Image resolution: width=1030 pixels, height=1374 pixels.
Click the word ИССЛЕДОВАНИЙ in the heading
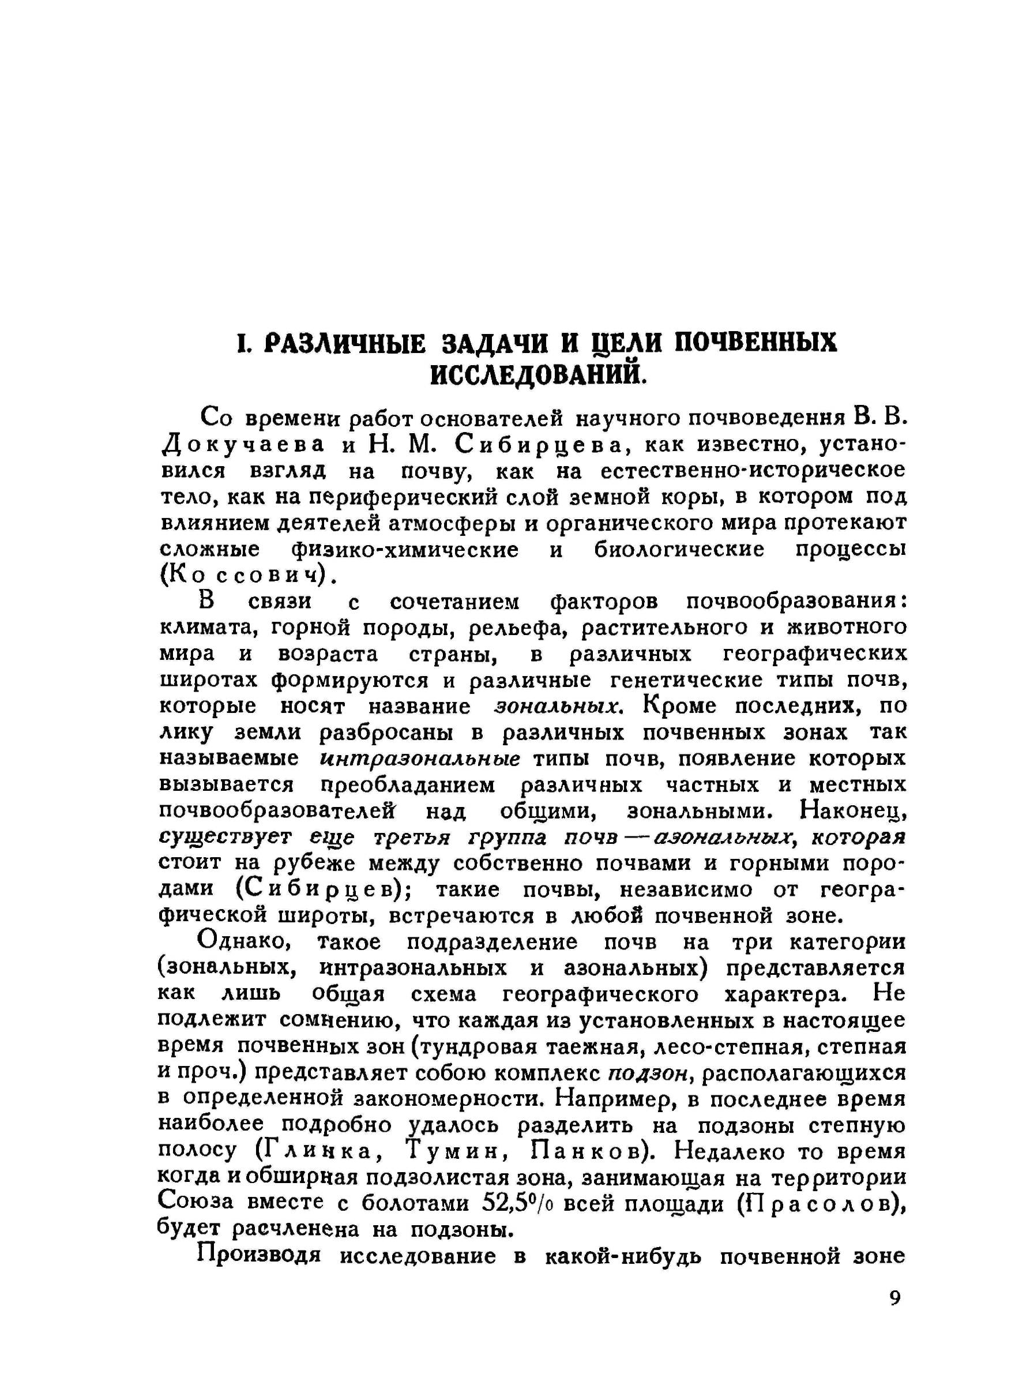click(538, 374)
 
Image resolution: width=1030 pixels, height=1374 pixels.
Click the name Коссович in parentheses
click(243, 575)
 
